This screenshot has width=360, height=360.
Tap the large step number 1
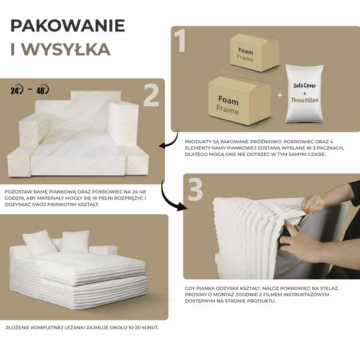coord(181,41)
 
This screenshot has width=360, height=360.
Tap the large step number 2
coord(151,95)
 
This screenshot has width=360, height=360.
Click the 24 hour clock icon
coord(17,90)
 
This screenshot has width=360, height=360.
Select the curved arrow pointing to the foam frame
coord(169,140)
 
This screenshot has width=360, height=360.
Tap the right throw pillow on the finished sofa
coord(76,241)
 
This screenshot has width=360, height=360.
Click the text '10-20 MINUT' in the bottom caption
coord(136,327)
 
